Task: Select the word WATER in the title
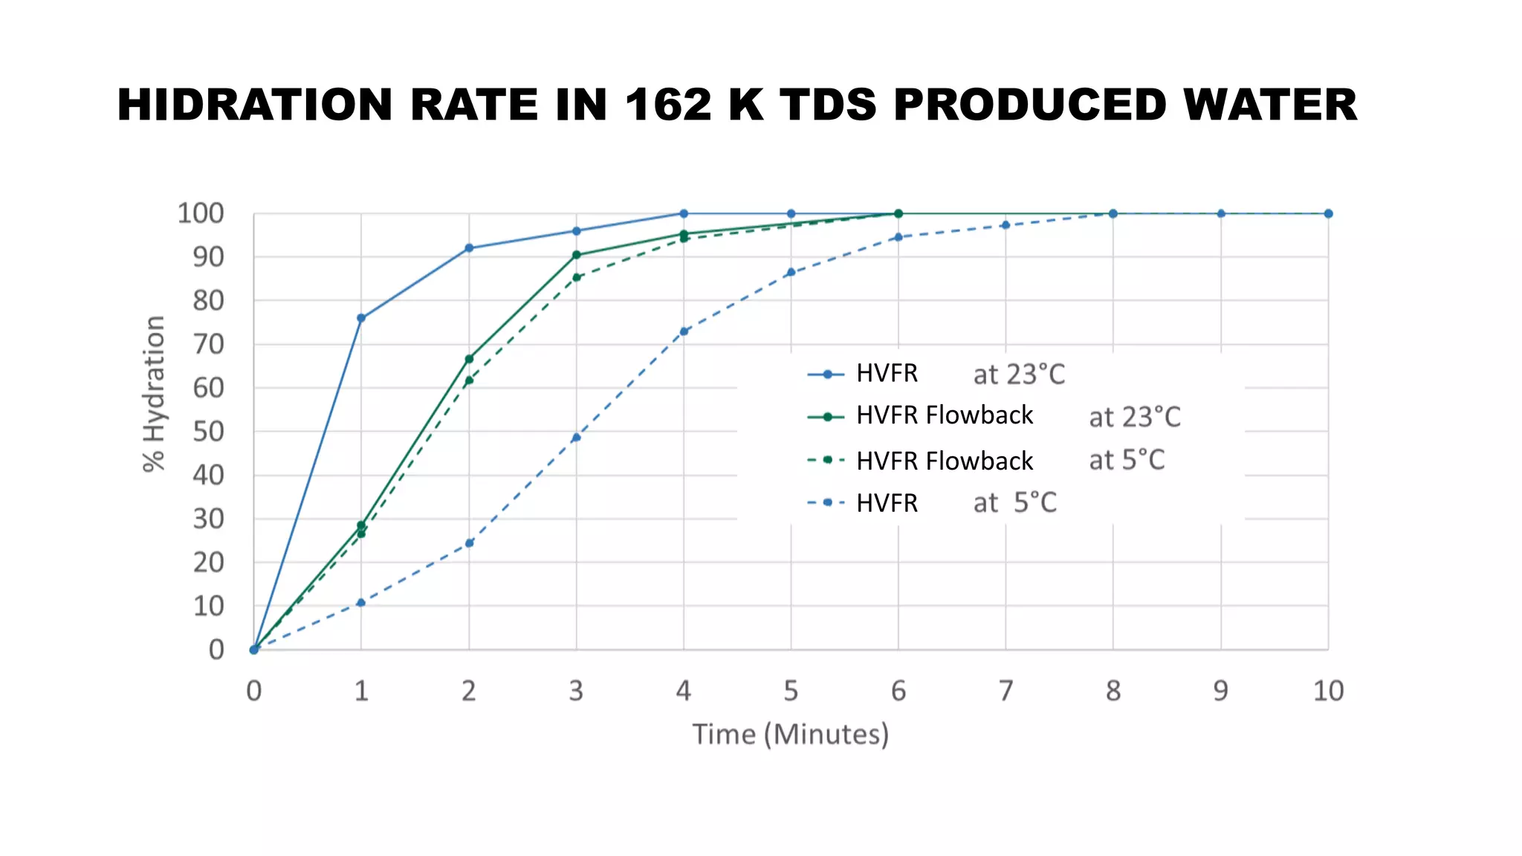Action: coord(1270,105)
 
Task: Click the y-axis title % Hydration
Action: coord(154,394)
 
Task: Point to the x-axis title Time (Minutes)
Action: coord(790,734)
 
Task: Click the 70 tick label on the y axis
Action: coord(208,345)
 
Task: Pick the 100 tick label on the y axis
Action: coord(201,214)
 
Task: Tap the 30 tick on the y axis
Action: coord(208,519)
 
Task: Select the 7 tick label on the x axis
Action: coord(1005,692)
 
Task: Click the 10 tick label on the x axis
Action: coord(1327,692)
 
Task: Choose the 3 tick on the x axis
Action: coord(576,692)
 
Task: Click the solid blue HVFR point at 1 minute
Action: coord(361,318)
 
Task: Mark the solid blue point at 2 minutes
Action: coord(469,248)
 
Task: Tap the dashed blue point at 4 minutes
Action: coord(684,331)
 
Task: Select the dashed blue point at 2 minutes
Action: coord(469,543)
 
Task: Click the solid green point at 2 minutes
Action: coord(469,359)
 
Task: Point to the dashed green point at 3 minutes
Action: coord(576,277)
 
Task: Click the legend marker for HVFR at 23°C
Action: coord(826,374)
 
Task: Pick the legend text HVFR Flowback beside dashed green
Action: coord(944,461)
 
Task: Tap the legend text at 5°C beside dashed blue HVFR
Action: coord(1014,503)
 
